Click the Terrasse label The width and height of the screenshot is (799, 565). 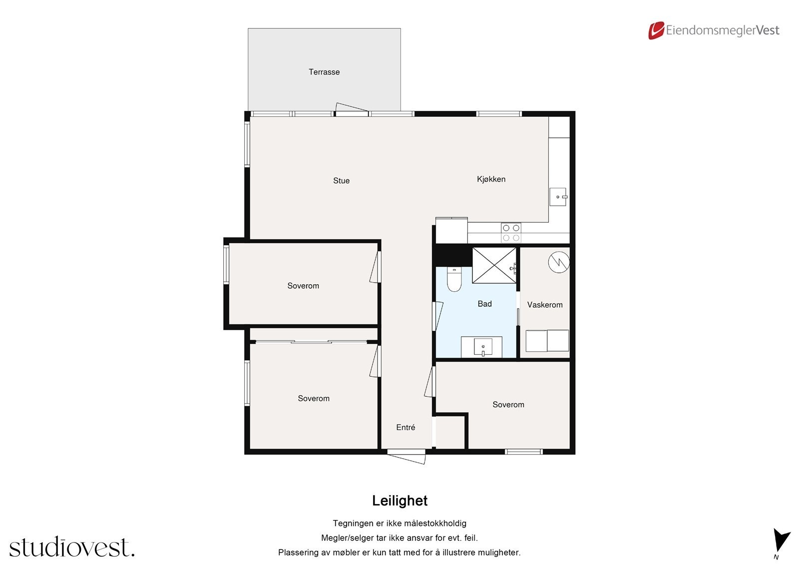324,72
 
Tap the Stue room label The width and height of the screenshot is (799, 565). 342,181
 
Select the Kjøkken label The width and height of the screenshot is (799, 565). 491,179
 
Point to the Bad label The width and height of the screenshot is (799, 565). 484,304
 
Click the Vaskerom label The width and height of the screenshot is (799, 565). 545,305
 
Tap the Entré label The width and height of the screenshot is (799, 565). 405,427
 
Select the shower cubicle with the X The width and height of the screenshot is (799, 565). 494,266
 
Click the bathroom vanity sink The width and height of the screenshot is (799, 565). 483,347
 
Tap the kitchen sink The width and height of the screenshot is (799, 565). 558,197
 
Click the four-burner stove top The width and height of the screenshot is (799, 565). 511,233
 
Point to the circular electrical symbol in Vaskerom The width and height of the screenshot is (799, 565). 559,262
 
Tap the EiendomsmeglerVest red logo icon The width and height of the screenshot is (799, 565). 656,30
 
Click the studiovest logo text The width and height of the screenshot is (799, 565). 72,547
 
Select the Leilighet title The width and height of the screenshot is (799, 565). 399,501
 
